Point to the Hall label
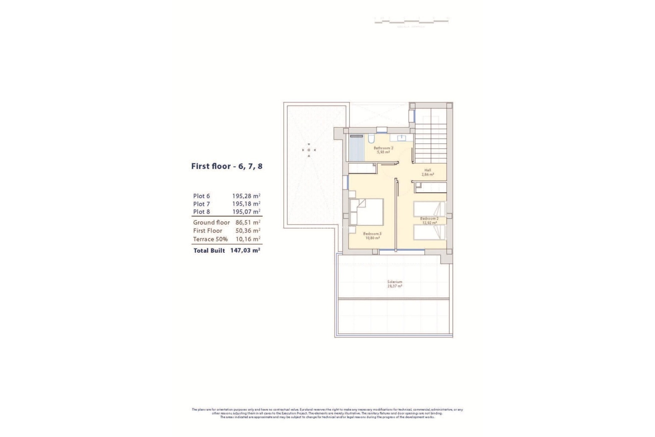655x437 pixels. [x=427, y=170]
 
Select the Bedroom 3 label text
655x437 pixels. [x=372, y=234]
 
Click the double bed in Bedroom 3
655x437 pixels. [x=367, y=212]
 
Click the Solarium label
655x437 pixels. [x=395, y=282]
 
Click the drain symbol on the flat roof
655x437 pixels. [x=309, y=150]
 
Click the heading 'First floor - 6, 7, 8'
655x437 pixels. [x=227, y=167]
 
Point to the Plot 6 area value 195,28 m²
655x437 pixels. [x=246, y=196]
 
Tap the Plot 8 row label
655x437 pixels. [x=201, y=212]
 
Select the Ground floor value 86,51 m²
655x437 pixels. [x=248, y=222]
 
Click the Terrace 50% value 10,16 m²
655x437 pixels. [x=248, y=239]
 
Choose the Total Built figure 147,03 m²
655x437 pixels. [x=245, y=250]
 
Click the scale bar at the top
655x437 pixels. [x=411, y=21]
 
